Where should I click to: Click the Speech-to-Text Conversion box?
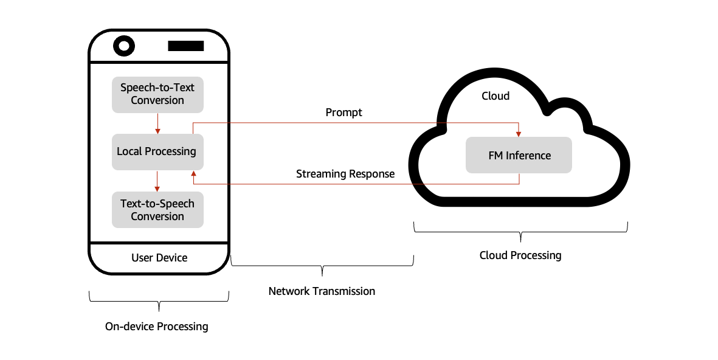tap(157, 94)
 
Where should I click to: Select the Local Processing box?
tap(157, 151)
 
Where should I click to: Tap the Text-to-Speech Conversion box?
tap(157, 210)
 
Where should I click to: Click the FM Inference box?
tap(519, 155)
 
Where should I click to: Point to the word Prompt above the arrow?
tap(343, 112)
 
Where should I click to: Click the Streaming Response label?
tap(345, 174)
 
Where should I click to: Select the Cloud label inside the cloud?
tap(495, 96)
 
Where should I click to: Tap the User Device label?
tap(159, 258)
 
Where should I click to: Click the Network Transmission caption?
tap(322, 291)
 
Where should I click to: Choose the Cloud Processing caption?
tap(520, 255)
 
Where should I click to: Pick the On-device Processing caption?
tap(157, 327)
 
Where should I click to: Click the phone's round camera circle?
tap(124, 46)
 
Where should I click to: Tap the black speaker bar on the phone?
tap(185, 46)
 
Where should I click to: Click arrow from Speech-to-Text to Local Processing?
tap(157, 123)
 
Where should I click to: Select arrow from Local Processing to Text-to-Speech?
tap(157, 181)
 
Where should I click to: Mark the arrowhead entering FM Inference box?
tap(519, 133)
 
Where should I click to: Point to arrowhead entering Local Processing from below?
tap(193, 174)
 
